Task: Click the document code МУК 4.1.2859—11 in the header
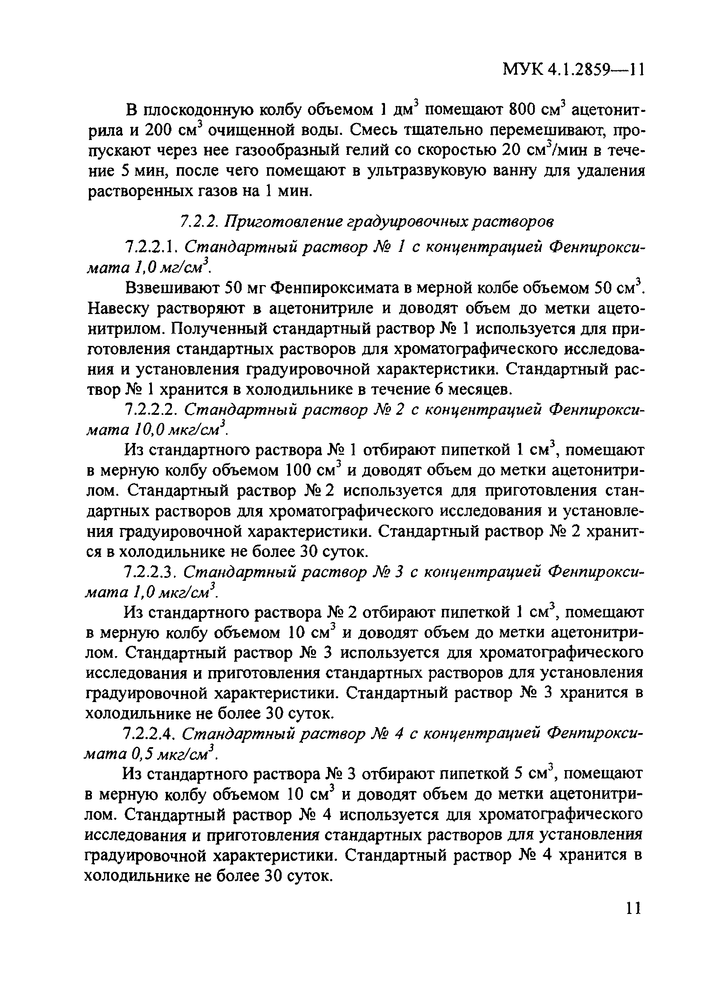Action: pos(573,69)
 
